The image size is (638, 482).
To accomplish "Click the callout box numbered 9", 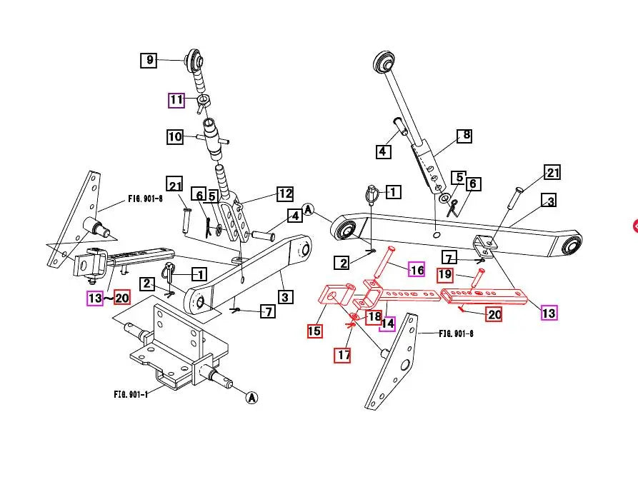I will (149, 60).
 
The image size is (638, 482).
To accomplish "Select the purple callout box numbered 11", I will (176, 100).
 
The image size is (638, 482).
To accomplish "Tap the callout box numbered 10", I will (175, 136).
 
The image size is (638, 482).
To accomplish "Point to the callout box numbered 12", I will (285, 194).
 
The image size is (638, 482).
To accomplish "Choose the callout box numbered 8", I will (464, 135).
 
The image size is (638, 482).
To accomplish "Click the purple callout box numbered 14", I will (387, 323).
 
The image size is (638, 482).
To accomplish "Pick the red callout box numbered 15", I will (314, 331).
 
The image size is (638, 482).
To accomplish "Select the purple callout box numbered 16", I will (416, 269).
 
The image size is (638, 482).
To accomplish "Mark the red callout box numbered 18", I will (374, 317).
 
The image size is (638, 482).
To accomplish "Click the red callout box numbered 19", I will (444, 274).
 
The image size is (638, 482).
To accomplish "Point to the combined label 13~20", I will (107, 298).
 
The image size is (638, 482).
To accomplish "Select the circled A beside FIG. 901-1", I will (251, 398).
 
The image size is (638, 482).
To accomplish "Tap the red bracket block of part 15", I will (334, 298).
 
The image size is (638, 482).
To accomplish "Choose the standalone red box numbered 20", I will (493, 313).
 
